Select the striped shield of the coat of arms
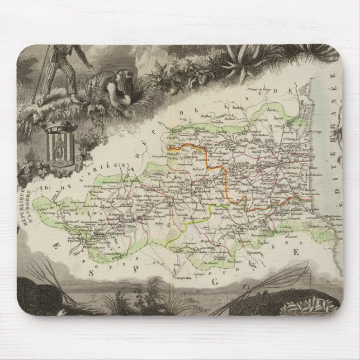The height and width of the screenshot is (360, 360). (58, 146)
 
